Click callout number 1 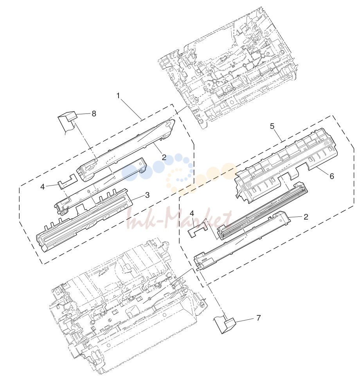[x=119, y=96]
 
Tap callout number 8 [x=94, y=114]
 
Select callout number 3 [x=148, y=195]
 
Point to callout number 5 [x=272, y=126]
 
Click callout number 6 [x=332, y=176]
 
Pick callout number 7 [x=258, y=318]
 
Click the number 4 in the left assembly [x=43, y=187]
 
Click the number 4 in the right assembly [x=192, y=213]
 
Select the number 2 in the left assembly [x=164, y=157]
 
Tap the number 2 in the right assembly [x=306, y=216]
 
